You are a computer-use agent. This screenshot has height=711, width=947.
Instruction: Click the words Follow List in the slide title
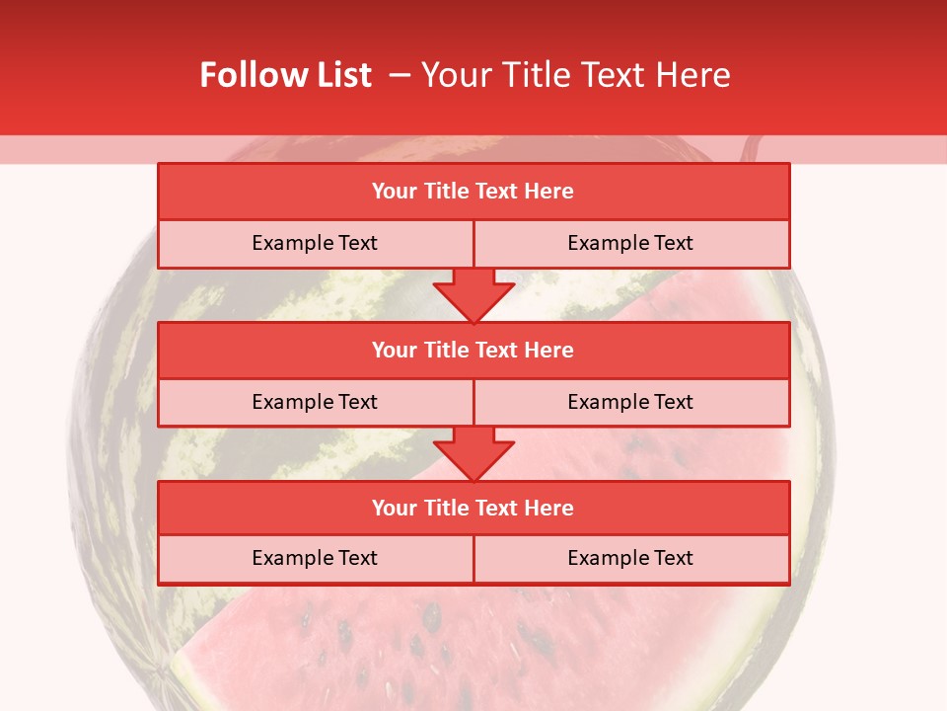(x=285, y=75)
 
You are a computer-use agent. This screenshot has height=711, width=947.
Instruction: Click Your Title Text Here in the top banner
(x=575, y=75)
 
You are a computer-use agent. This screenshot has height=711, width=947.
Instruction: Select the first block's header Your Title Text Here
(x=473, y=192)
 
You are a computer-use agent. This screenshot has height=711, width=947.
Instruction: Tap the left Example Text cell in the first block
(x=315, y=243)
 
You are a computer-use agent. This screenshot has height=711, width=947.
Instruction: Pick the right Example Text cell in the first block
(x=630, y=243)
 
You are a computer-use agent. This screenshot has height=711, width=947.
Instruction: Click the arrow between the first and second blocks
(x=473, y=294)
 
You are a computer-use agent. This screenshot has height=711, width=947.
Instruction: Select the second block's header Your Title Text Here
(x=473, y=350)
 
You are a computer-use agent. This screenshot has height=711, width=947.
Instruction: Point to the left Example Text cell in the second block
(x=315, y=402)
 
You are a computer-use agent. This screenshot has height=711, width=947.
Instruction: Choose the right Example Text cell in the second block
(x=630, y=402)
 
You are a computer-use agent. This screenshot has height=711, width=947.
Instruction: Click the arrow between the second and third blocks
(x=473, y=453)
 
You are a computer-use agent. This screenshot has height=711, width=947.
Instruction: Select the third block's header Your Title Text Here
(x=473, y=508)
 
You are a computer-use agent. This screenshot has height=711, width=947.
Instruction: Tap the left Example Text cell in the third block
(x=315, y=558)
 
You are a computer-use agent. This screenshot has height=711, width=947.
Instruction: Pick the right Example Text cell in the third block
(x=630, y=558)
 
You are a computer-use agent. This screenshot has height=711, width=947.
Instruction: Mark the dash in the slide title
(x=400, y=75)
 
